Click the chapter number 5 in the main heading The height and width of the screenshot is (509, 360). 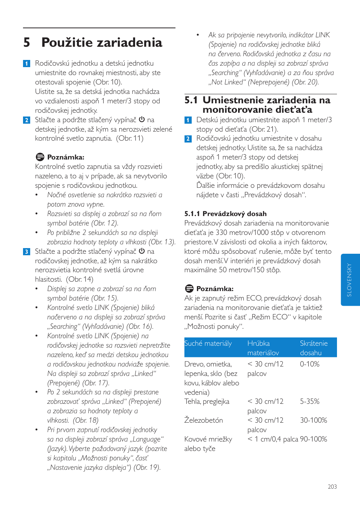(x=26, y=43)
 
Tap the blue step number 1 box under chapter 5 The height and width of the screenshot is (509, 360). (x=26, y=63)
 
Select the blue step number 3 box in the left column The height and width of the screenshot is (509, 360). (x=26, y=251)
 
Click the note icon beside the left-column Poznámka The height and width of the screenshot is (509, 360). (x=40, y=157)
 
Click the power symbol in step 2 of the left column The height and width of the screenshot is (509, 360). (x=142, y=120)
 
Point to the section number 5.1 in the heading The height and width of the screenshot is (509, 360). (x=191, y=100)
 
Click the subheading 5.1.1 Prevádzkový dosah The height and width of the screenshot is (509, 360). (x=225, y=214)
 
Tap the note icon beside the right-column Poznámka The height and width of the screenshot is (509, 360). (x=189, y=288)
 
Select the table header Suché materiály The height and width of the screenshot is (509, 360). (x=208, y=343)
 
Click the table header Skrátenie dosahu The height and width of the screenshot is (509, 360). (x=313, y=348)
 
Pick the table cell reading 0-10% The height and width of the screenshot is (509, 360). (x=309, y=364)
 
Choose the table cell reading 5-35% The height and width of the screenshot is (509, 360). (x=309, y=402)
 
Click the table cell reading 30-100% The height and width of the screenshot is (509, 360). (x=313, y=420)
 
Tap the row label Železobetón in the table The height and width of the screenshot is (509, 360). (x=203, y=420)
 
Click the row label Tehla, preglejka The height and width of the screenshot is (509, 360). (x=206, y=402)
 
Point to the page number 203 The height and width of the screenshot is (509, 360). (x=332, y=487)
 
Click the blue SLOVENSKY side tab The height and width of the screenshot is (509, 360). (x=350, y=280)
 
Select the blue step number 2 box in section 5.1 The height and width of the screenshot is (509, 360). (x=188, y=139)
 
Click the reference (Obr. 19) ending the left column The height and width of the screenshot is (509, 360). (x=147, y=468)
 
